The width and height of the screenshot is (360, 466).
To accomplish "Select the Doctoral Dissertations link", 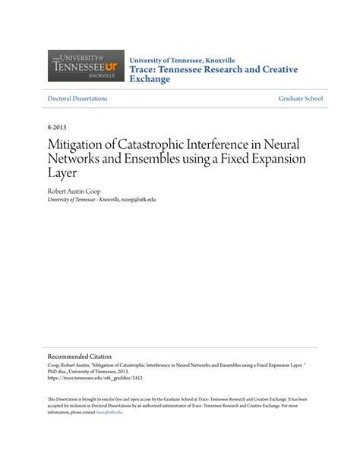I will tap(77, 99).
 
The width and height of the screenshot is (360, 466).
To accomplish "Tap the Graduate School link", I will tap(301, 99).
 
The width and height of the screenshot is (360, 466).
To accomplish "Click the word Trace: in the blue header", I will tap(147, 68).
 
